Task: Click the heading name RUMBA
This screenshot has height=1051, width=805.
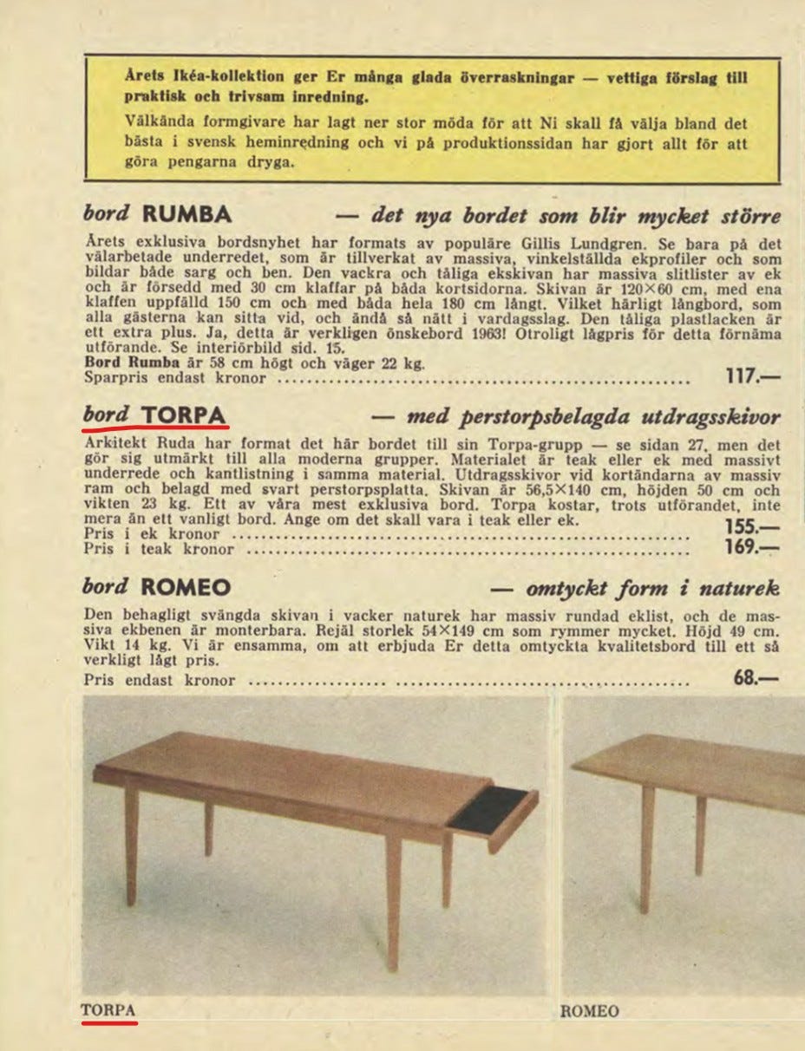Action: click(x=187, y=214)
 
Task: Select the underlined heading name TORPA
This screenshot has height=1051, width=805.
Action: click(x=184, y=415)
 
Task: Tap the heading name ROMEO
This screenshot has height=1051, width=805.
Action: click(x=186, y=587)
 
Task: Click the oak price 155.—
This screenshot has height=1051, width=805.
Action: click(x=752, y=527)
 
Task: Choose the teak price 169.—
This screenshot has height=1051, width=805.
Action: click(x=752, y=547)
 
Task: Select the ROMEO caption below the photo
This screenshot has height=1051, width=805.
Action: click(x=590, y=1011)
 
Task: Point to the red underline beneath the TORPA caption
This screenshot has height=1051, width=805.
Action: click(x=109, y=1023)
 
